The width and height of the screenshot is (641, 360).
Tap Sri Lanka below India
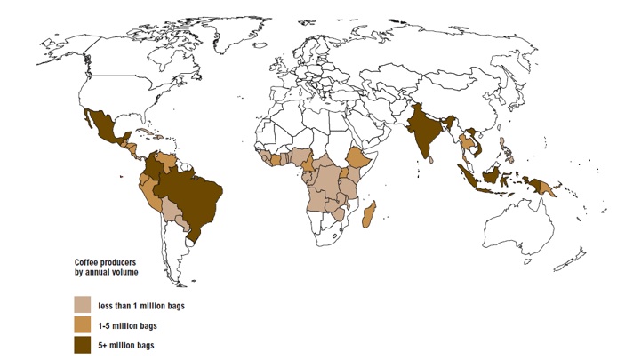coord(432,162)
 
